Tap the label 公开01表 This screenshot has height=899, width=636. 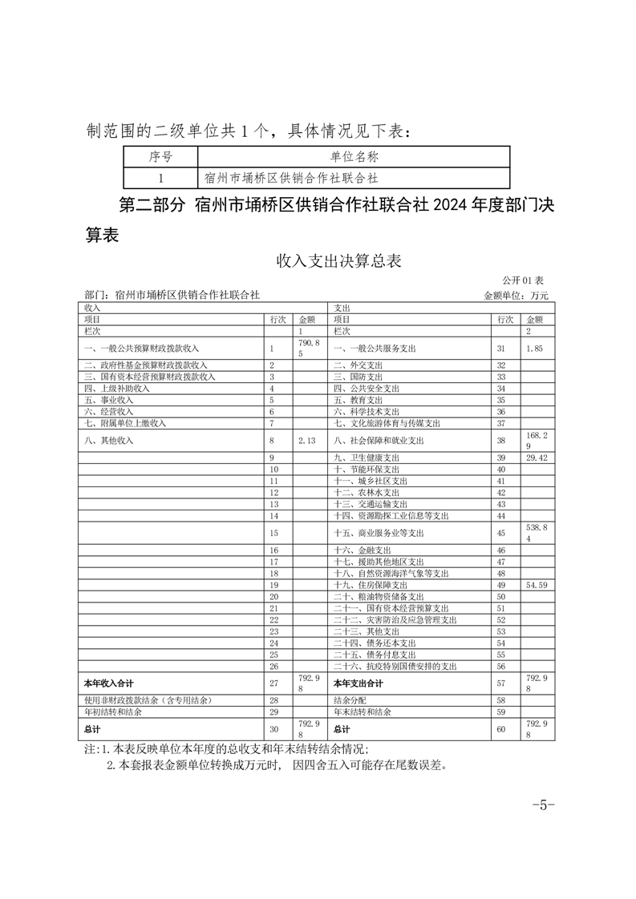pyautogui.click(x=523, y=280)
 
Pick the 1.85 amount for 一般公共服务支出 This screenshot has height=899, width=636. pyautogui.click(x=535, y=349)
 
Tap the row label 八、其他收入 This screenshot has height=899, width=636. pyautogui.click(x=109, y=441)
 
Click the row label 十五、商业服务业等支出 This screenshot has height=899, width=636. pyautogui.click(x=379, y=533)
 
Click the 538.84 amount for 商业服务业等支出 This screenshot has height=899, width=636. pyautogui.click(x=535, y=533)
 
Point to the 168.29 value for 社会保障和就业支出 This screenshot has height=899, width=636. pyautogui.click(x=535, y=441)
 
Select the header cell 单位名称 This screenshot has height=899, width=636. pyautogui.click(x=354, y=157)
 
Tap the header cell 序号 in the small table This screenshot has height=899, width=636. pyautogui.click(x=161, y=157)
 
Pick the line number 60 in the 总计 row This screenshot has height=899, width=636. pyautogui.click(x=502, y=729)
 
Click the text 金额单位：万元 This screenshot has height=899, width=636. pyautogui.click(x=516, y=296)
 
